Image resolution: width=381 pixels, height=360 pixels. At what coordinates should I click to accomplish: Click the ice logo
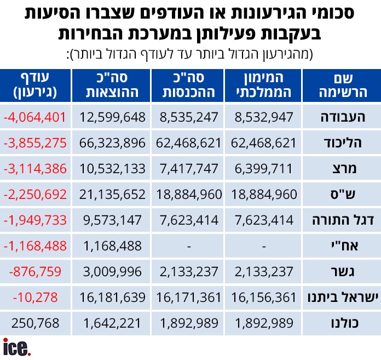(17, 347)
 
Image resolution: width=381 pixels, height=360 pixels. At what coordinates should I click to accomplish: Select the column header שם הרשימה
(343, 85)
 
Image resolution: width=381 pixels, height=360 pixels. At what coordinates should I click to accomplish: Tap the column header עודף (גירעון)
(35, 85)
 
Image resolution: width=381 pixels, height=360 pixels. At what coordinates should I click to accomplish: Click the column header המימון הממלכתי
(264, 85)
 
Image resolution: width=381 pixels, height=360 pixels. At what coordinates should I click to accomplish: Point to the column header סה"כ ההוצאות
(112, 85)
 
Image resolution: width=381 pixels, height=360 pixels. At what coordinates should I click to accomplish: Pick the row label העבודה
(343, 117)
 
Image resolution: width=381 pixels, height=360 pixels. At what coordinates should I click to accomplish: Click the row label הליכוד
(343, 143)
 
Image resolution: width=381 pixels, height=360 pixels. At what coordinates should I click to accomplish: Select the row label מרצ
(344, 169)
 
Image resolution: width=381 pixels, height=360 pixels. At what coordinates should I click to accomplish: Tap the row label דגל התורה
(343, 220)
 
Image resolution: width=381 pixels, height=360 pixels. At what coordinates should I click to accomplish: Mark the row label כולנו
(344, 323)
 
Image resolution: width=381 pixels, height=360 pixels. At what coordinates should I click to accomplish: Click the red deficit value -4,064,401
(35, 117)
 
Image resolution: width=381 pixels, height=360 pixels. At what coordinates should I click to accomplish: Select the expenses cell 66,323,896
(112, 143)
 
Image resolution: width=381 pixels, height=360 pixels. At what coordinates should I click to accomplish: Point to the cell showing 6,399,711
(264, 169)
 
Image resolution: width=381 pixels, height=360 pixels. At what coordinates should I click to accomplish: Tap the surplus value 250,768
(35, 323)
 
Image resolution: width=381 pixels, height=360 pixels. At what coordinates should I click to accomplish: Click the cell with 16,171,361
(188, 298)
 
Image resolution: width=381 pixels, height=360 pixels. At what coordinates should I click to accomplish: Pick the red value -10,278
(35, 298)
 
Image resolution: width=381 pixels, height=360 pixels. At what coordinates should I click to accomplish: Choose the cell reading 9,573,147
(112, 220)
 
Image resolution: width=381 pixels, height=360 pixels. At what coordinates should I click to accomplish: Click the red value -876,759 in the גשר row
(35, 272)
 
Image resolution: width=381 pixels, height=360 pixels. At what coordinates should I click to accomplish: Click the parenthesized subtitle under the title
(190, 54)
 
